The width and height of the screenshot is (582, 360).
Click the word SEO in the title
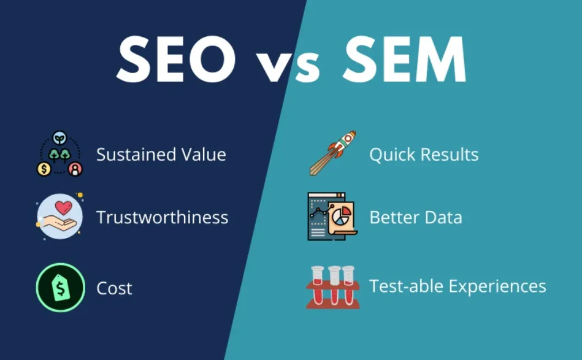[x=175, y=59]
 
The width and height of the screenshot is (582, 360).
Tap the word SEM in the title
[x=405, y=59]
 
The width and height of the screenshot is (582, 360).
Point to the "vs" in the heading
[x=287, y=66]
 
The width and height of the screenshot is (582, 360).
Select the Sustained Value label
[x=161, y=154]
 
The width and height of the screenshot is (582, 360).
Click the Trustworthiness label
[x=162, y=217]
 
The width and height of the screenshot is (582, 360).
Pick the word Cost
[x=114, y=288]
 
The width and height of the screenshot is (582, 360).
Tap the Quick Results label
[x=424, y=154]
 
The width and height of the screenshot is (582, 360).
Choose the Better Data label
[x=415, y=217]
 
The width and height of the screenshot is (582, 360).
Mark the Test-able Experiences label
[x=457, y=286]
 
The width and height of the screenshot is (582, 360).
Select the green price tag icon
[x=60, y=287]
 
